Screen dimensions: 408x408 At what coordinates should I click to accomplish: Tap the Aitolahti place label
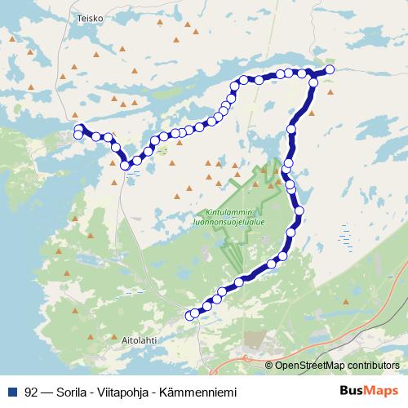tap(136, 336)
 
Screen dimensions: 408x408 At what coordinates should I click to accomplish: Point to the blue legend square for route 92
tap(12, 390)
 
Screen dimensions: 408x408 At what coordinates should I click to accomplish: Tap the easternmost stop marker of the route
tap(330, 70)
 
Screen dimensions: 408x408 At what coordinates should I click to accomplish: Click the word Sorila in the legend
tap(75, 390)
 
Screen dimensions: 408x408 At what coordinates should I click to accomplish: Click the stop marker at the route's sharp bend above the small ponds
tap(125, 166)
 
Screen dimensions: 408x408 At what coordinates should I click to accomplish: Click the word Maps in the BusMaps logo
tap(379, 390)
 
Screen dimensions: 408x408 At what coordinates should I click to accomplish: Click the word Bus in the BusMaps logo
tap(352, 390)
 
